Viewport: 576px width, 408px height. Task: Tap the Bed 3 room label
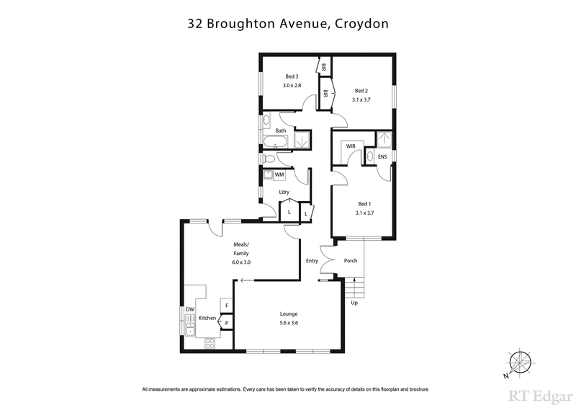point(291,76)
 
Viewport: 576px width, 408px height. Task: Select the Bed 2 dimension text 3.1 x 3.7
point(361,99)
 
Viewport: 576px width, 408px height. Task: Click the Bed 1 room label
point(364,204)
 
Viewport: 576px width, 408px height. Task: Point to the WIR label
point(351,146)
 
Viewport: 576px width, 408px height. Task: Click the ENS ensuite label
point(382,156)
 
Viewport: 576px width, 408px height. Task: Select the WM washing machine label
point(279,174)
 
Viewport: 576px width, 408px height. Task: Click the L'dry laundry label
point(285,192)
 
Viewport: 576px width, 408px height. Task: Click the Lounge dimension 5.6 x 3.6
point(289,323)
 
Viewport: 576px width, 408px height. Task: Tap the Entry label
point(312,261)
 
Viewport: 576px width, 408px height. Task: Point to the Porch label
point(351,261)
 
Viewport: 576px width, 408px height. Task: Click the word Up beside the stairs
point(353,303)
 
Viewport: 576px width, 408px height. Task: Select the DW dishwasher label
point(191,309)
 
